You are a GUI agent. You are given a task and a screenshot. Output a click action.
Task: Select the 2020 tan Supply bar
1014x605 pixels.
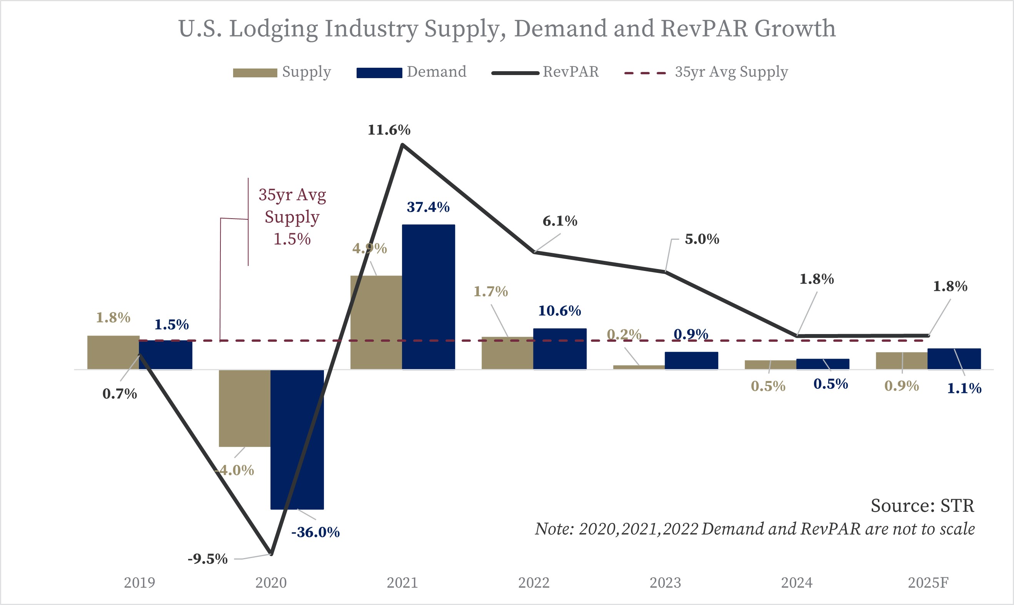tap(244, 408)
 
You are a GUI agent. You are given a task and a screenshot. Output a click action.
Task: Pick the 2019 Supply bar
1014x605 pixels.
tap(113, 352)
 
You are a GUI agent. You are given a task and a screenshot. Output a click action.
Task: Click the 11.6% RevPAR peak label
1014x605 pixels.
tap(389, 130)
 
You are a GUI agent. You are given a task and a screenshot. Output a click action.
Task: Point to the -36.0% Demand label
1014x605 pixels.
tap(315, 532)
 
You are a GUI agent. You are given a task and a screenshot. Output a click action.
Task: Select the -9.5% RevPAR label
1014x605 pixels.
tap(207, 558)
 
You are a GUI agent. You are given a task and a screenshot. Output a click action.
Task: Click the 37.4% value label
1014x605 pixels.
tap(428, 207)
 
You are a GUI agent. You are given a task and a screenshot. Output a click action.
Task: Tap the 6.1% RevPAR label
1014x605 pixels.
tap(560, 221)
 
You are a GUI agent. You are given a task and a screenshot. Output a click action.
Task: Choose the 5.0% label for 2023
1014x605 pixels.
tap(702, 239)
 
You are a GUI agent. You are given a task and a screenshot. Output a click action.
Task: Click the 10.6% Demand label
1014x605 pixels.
tap(560, 311)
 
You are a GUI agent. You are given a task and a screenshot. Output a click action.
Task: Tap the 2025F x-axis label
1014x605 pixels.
tap(928, 583)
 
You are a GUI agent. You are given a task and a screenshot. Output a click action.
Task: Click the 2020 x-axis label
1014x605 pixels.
tap(271, 583)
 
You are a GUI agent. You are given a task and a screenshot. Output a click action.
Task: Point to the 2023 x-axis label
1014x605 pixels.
tap(665, 583)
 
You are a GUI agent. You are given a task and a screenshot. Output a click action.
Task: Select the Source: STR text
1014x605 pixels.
tap(922, 506)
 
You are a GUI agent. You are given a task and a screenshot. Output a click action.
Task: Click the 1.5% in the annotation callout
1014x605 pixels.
tap(292, 239)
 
